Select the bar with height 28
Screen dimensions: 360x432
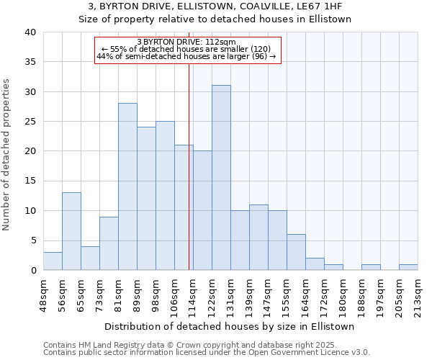(127, 186)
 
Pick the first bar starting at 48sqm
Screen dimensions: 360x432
(53, 261)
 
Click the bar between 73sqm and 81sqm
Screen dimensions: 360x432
(109, 243)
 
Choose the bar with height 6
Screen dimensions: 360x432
(296, 252)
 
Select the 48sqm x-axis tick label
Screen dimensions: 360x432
(42, 294)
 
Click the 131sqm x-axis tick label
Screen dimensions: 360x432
(230, 296)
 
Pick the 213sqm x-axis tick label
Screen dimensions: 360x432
(417, 296)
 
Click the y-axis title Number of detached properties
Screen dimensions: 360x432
(7, 151)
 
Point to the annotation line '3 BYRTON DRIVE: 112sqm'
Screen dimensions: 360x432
(186, 42)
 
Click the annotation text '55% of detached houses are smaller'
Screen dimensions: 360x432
(186, 49)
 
